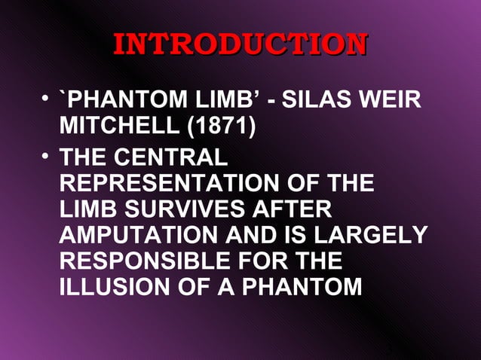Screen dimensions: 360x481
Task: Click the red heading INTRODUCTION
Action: pos(240,44)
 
